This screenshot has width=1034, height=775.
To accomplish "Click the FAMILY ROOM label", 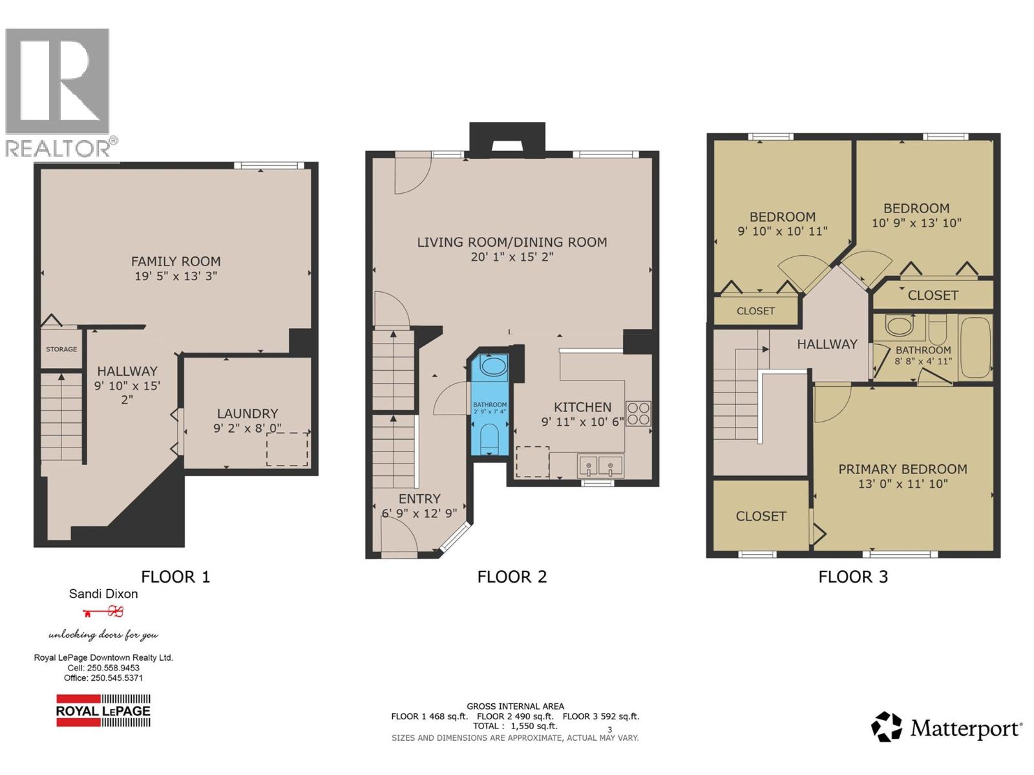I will pyautogui.click(x=176, y=262).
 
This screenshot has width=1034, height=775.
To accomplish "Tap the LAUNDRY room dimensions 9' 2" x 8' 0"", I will pyautogui.click(x=248, y=428).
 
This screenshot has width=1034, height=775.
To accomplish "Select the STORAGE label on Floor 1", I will pyautogui.click(x=61, y=349).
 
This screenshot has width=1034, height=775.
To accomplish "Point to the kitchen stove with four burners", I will pyautogui.click(x=638, y=413).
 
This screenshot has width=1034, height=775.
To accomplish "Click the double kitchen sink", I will pyautogui.click(x=600, y=465).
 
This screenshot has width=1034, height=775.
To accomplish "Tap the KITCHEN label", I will pyautogui.click(x=582, y=408).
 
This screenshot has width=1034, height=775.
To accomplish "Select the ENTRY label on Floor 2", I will pyautogui.click(x=419, y=499).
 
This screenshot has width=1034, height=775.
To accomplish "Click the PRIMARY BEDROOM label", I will pyautogui.click(x=902, y=470).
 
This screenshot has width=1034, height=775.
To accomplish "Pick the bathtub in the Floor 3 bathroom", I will pyautogui.click(x=975, y=347).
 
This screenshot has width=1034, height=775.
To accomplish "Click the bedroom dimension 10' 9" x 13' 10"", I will pyautogui.click(x=916, y=223).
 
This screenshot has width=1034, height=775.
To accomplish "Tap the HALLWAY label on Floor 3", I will pyautogui.click(x=827, y=344).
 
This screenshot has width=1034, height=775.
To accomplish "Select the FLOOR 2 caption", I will pyautogui.click(x=512, y=577).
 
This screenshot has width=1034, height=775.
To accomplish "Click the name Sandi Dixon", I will pyautogui.click(x=103, y=594).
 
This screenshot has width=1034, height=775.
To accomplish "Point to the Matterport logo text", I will pyautogui.click(x=965, y=729).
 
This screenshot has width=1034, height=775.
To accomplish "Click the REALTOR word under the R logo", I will pyautogui.click(x=58, y=149).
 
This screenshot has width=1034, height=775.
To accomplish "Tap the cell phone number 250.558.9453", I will pyautogui.click(x=112, y=668).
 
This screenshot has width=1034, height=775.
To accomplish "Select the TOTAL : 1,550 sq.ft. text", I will pyautogui.click(x=515, y=726).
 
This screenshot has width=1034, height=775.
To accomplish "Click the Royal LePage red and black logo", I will pyautogui.click(x=103, y=711).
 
